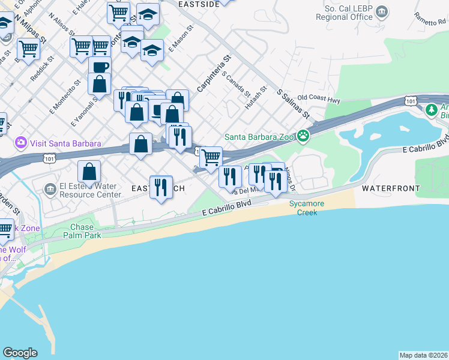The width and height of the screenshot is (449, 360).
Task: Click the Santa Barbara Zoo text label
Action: (260, 136)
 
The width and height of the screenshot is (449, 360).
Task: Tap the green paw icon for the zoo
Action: (304, 136)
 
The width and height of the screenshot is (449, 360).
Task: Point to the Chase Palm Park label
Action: (82, 231)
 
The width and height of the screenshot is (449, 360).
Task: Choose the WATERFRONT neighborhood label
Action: (390, 188)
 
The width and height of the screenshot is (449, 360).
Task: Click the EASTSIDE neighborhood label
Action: (199, 4)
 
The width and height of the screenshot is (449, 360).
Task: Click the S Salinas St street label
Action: (292, 103)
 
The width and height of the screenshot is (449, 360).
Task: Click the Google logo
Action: (20, 353)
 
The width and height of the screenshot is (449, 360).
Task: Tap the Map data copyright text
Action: (423, 355)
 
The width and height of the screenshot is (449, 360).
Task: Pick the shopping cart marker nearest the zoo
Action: (211, 158)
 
